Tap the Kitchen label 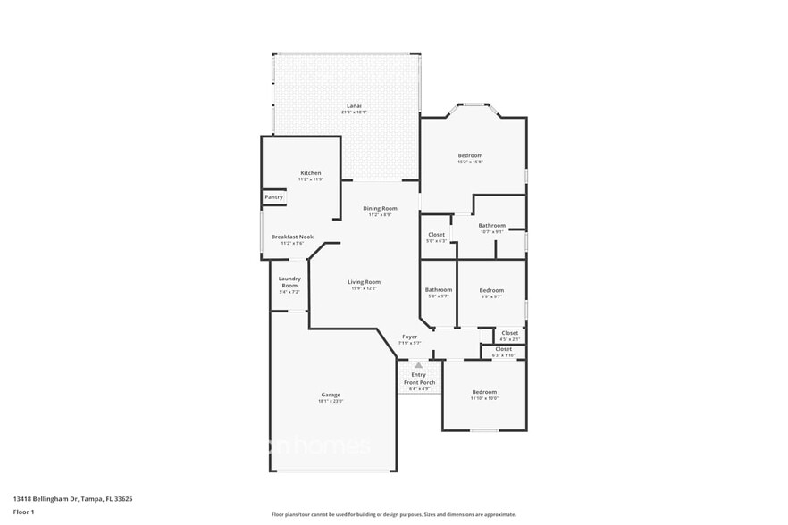point(310,173)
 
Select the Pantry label point(273,197)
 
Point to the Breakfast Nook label point(292,237)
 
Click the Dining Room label point(379,209)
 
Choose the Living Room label point(364,282)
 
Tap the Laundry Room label point(289,281)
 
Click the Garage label point(331,395)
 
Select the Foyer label point(409,337)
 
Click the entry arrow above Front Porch point(418,365)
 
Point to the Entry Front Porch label point(418,378)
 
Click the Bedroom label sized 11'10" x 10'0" point(485,392)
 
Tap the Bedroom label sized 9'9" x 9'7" point(491,290)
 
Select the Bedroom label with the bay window point(470,155)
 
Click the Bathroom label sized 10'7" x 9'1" point(491,226)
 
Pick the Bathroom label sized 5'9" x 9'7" point(438,289)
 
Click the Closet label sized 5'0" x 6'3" point(436,235)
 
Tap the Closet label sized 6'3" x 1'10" point(503,349)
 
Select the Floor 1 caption point(23,512)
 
